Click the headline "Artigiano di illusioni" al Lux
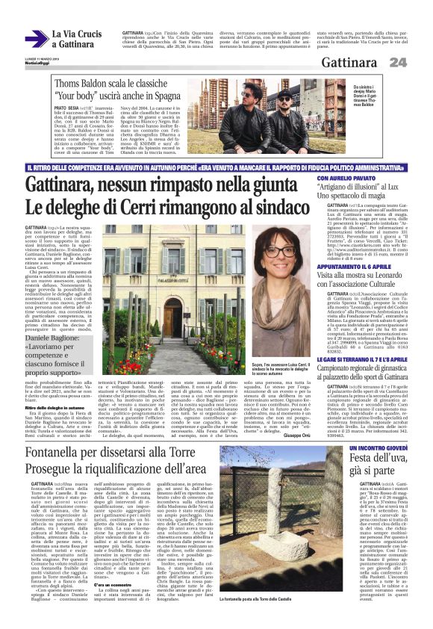[x=363, y=190]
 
